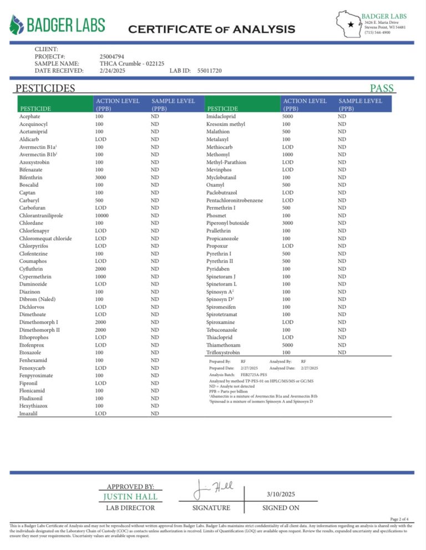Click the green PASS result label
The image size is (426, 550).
pos(382,88)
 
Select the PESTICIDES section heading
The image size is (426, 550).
pos(45,88)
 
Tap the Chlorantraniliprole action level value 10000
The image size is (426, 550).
pos(105,216)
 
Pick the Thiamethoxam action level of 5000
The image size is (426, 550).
pos(291,345)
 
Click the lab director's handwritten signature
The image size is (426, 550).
pos(213,490)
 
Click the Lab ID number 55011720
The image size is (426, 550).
pos(209,71)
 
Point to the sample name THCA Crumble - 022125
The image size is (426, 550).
pos(131,64)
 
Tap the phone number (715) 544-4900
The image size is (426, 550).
pos(377,33)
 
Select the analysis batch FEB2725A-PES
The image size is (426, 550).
pos(254,375)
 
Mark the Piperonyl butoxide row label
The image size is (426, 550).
pos(227,223)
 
